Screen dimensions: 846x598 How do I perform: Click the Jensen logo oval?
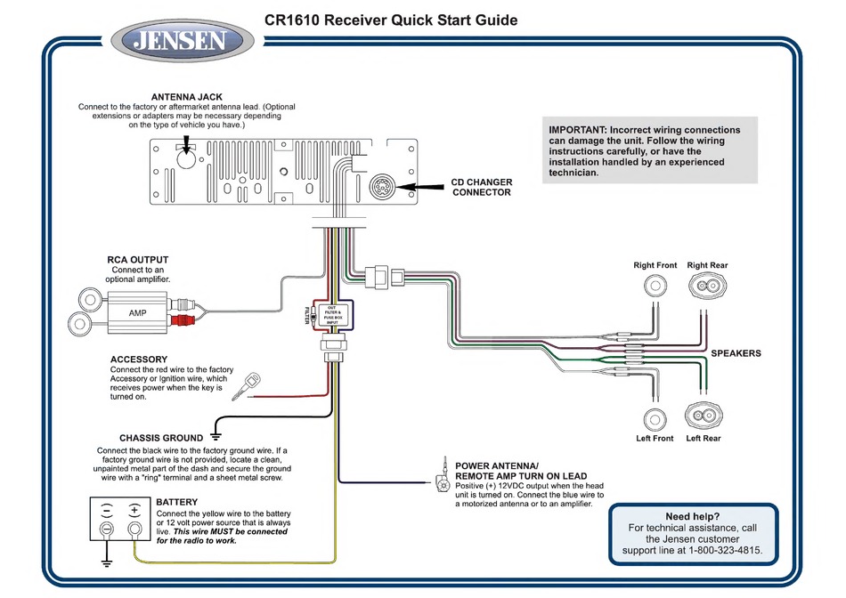[183, 41]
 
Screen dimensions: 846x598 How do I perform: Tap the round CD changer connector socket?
[383, 187]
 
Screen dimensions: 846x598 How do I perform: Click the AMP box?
[137, 312]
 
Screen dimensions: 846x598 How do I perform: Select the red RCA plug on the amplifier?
[183, 321]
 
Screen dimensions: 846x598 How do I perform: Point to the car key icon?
[246, 386]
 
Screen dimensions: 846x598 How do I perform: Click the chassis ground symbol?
[216, 436]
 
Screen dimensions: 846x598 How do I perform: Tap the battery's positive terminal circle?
[134, 529]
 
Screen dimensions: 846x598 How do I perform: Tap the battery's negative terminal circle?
[107, 529]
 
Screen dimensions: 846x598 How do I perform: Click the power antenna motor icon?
[443, 477]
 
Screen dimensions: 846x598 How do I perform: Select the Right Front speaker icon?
[655, 286]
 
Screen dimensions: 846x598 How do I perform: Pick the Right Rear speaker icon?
[707, 286]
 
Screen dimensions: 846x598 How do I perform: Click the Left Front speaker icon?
[655, 419]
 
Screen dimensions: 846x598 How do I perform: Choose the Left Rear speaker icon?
[704, 416]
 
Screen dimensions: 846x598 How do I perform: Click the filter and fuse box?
[332, 315]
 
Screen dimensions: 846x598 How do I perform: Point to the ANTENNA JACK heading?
[187, 97]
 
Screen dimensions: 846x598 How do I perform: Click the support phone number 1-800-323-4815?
[724, 551]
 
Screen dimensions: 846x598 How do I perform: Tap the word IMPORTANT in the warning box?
[578, 130]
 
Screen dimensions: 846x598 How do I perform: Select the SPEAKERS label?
[736, 353]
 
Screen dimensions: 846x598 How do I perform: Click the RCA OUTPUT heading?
[137, 260]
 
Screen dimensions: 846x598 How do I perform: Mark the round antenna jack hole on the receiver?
[186, 159]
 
